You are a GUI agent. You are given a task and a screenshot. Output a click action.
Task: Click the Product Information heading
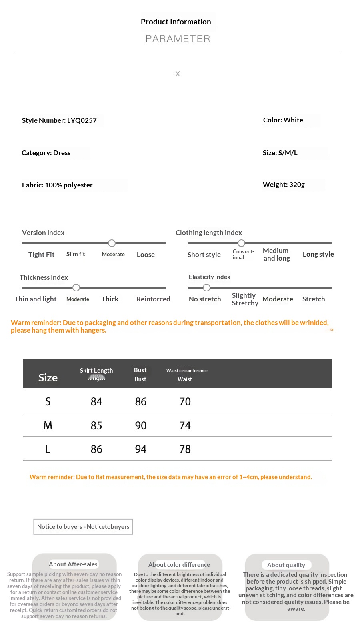click(x=176, y=22)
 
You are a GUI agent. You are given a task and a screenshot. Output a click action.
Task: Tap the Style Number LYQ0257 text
click(x=59, y=120)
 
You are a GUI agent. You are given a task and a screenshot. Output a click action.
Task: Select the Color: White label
click(x=283, y=120)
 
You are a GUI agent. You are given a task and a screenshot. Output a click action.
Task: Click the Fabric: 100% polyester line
click(x=57, y=185)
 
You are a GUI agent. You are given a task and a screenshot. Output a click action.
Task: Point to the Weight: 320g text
click(x=284, y=185)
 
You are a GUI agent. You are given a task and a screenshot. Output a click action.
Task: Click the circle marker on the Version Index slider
click(x=112, y=243)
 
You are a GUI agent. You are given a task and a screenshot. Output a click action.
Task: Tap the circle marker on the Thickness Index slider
click(x=76, y=287)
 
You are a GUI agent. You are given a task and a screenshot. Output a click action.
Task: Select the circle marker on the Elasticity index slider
click(x=206, y=287)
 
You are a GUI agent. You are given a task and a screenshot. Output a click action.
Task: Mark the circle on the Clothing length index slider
click(x=241, y=243)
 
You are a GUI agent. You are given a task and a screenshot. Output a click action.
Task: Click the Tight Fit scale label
click(x=41, y=255)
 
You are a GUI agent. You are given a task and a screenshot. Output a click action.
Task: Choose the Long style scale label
click(x=318, y=254)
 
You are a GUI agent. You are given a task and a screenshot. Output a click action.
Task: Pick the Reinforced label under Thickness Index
click(x=153, y=299)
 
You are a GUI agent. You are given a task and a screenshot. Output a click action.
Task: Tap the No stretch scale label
click(x=205, y=299)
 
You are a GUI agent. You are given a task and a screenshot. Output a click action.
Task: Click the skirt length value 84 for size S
click(x=96, y=401)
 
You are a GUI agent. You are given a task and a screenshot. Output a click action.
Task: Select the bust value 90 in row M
click(x=141, y=425)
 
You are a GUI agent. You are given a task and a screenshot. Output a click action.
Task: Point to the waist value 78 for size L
click(x=185, y=449)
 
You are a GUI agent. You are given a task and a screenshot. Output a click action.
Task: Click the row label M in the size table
click(x=48, y=425)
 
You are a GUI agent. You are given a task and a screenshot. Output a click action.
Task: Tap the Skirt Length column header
click(x=96, y=371)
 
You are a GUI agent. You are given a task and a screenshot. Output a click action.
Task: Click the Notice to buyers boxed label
click(x=83, y=527)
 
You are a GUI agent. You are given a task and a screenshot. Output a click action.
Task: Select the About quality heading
click(x=286, y=565)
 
